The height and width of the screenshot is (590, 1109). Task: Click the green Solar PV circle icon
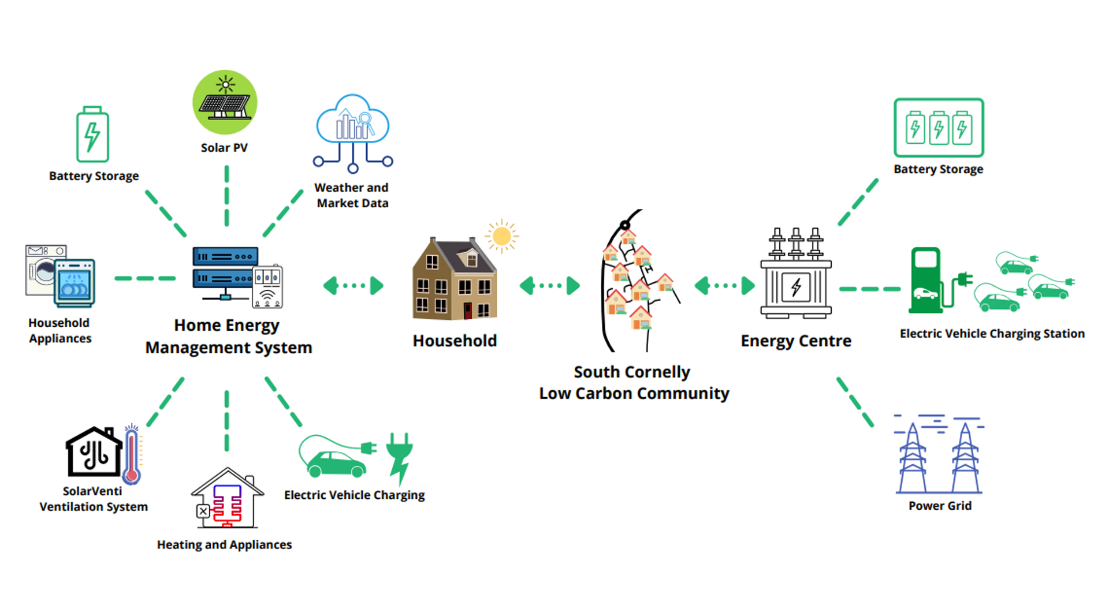pyautogui.click(x=225, y=103)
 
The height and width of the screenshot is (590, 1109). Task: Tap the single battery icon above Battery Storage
pyautogui.click(x=92, y=135)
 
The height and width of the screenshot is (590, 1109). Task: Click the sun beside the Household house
pyautogui.click(x=501, y=236)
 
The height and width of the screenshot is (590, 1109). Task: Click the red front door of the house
pyautogui.click(x=467, y=311)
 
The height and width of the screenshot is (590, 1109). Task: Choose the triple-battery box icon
pyautogui.click(x=939, y=128)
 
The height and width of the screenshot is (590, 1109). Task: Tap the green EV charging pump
pyautogui.click(x=926, y=281)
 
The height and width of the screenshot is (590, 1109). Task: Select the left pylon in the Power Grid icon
pyautogui.click(x=912, y=458)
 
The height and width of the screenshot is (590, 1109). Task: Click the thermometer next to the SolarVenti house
pyautogui.click(x=132, y=455)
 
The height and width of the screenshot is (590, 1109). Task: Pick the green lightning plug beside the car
pyautogui.click(x=399, y=457)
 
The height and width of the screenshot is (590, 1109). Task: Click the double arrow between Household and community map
pyautogui.click(x=549, y=285)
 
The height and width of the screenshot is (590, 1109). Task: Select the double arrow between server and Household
pyautogui.click(x=353, y=285)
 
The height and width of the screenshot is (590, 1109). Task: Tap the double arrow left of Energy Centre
pyautogui.click(x=724, y=285)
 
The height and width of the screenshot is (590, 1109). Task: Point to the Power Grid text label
pyautogui.click(x=940, y=506)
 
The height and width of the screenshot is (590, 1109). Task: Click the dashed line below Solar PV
pyautogui.click(x=226, y=196)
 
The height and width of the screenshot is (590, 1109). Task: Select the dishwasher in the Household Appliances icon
pyautogui.click(x=75, y=283)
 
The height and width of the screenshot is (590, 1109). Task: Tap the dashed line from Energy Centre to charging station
pyautogui.click(x=869, y=289)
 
